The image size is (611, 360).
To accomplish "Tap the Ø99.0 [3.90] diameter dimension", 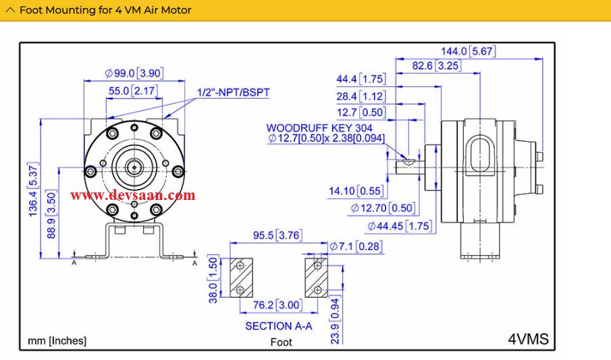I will (134, 73).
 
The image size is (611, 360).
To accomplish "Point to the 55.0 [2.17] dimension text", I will (133, 91).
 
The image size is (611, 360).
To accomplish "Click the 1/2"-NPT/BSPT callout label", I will (233, 92).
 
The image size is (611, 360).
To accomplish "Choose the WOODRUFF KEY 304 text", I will (319, 127).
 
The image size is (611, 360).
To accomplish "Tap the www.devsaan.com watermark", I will (132, 195).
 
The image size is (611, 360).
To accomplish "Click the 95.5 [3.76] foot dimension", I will (277, 236).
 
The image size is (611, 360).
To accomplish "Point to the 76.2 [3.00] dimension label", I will (277, 305).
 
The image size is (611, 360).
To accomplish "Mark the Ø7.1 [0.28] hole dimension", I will (355, 247).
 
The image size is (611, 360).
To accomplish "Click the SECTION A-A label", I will (278, 326).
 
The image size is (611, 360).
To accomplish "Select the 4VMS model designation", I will (527, 338).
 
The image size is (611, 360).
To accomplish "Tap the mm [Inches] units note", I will (57, 340).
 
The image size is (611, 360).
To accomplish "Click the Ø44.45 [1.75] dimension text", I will (400, 226).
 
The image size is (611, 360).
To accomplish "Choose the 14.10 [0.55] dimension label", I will (356, 191).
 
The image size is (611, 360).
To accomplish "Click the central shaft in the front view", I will (134, 164).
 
